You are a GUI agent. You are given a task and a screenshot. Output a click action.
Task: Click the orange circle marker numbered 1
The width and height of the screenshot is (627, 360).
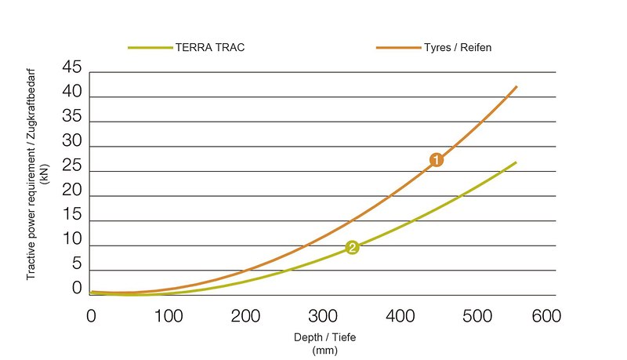click(x=437, y=160)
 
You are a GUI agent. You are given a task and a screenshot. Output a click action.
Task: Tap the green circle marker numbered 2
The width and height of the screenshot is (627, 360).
click(x=352, y=248)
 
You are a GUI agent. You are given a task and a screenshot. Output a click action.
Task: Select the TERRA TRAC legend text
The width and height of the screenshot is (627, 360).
click(x=211, y=48)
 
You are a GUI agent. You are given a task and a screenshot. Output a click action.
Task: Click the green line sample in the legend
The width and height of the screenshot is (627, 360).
click(x=150, y=48)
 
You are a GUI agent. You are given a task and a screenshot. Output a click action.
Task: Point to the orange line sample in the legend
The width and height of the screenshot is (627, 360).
click(x=397, y=48)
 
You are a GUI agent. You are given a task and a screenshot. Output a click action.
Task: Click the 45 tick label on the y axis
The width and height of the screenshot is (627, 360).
click(x=71, y=68)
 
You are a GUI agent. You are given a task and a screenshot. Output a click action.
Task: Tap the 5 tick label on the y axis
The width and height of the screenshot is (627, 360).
click(x=76, y=265)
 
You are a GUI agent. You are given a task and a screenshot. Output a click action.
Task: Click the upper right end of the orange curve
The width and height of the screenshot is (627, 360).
click(x=516, y=86)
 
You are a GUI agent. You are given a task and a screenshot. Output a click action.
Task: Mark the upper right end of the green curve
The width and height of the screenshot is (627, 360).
click(x=516, y=162)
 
